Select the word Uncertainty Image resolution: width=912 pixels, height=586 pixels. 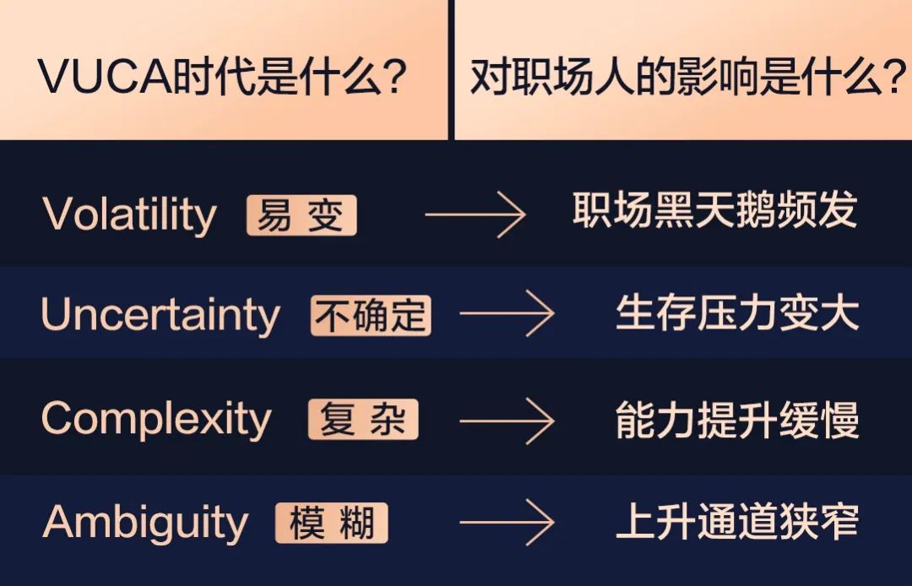coord(160,316)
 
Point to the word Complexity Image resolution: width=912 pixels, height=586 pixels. coord(156,419)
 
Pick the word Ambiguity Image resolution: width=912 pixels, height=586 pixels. coord(145,523)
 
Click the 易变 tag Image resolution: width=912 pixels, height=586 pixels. coord(301,215)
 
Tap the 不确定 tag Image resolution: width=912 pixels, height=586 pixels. coord(371,316)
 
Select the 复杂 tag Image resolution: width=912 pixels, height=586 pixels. coord(363,419)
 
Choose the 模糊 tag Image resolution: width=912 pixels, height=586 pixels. coord(332,523)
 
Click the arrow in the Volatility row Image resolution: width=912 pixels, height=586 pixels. coord(475,214)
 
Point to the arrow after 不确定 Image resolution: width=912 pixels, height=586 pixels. coord(507,313)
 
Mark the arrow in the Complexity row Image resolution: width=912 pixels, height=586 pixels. coord(507,421)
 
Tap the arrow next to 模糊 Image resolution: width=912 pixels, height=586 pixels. coord(507,522)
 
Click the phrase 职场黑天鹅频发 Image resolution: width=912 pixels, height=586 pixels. coord(715,209)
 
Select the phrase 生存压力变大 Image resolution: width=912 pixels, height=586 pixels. coord(737,313)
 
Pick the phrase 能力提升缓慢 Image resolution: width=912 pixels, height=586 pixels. coord(737,420)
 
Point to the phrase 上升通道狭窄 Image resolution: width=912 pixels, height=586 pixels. coord(737,522)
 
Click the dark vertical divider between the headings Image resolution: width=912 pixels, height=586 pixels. coord(451,70)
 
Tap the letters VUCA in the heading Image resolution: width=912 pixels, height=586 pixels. coord(106,77)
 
